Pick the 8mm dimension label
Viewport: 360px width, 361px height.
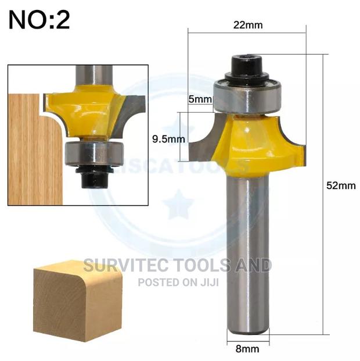click(248, 350)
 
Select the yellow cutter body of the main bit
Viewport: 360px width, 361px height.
click(255, 145)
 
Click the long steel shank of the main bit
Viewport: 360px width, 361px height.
click(248, 250)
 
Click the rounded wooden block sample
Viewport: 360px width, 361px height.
click(77, 299)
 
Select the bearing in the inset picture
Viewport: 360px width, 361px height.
click(92, 153)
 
